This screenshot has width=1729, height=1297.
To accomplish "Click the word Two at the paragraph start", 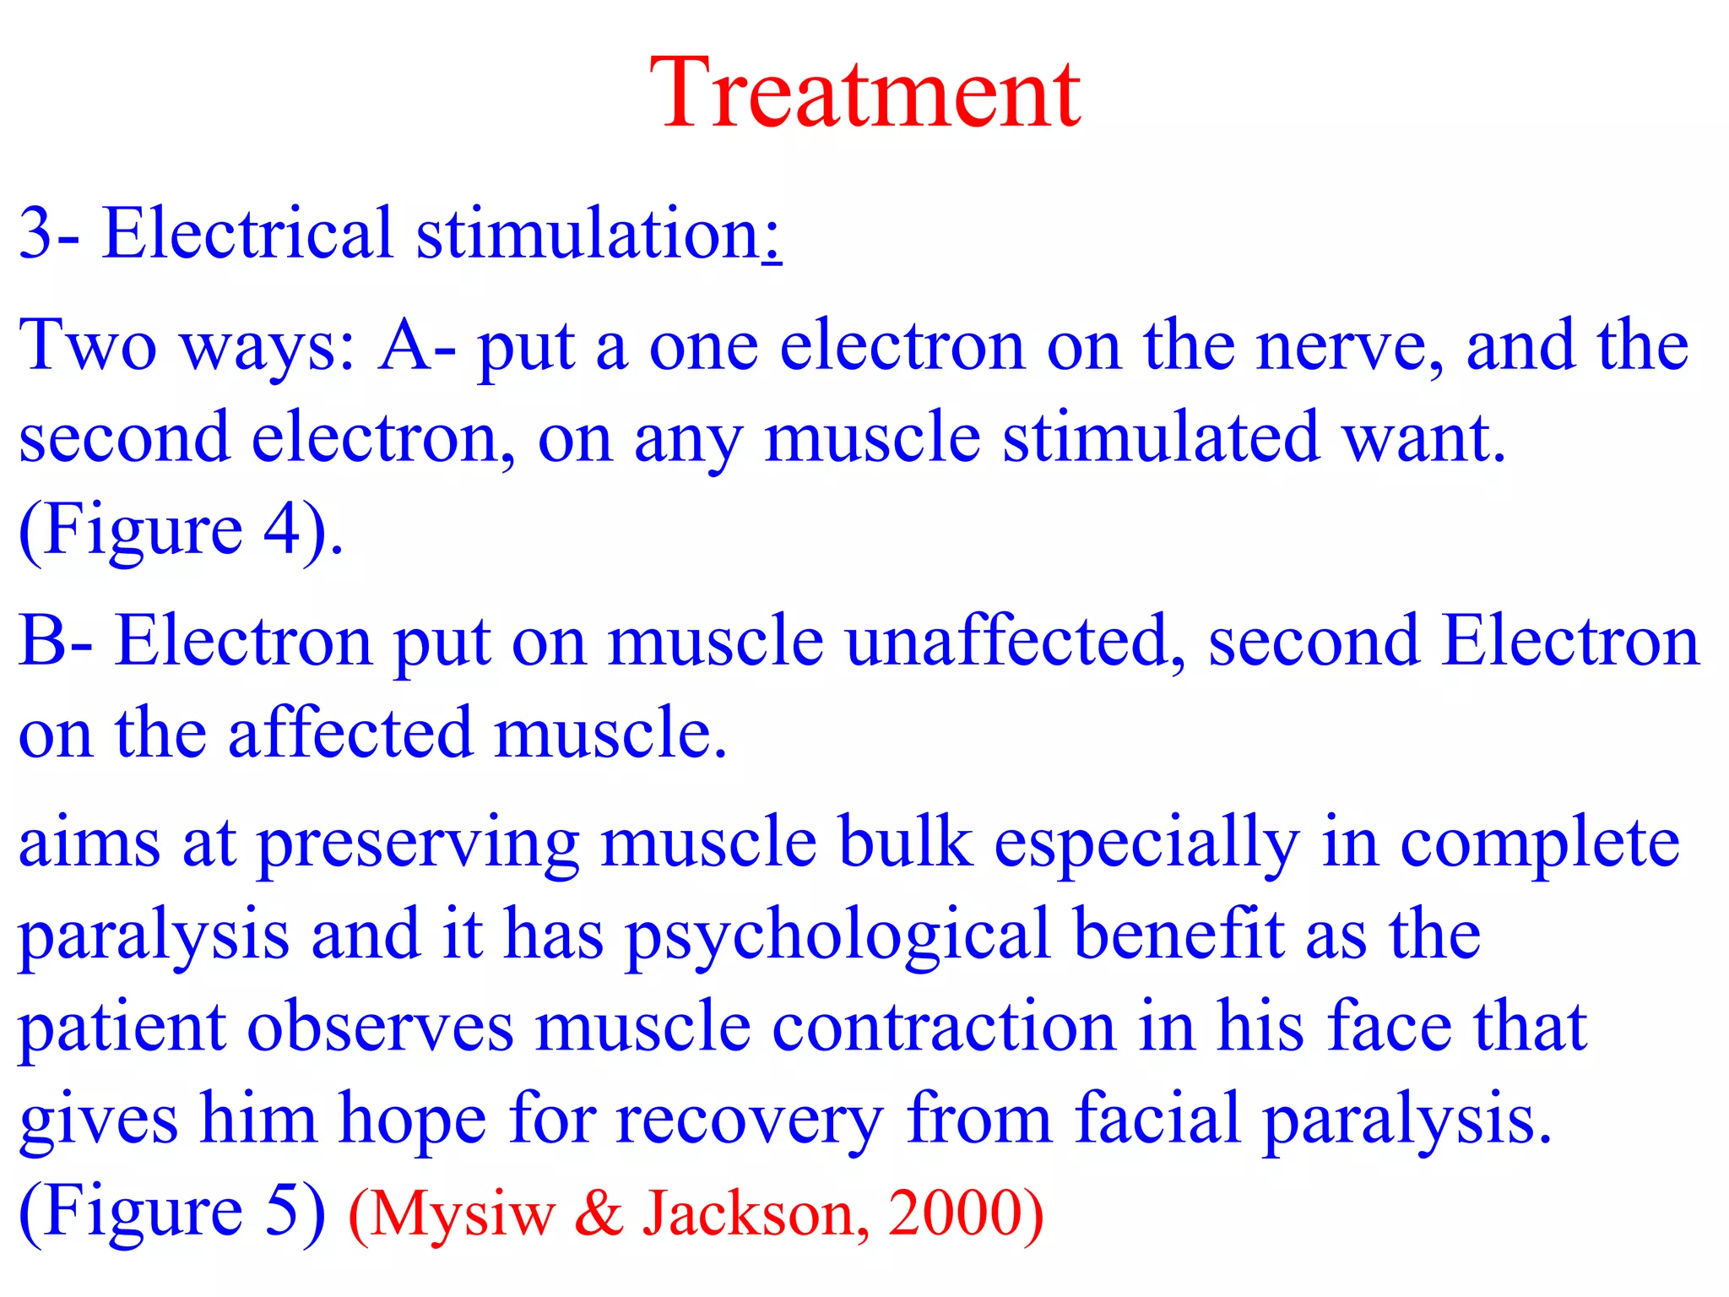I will (88, 345).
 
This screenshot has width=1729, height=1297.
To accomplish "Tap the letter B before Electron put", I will (42, 641).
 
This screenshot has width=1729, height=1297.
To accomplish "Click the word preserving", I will (419, 844).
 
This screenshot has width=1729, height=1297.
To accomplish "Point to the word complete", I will (1540, 844).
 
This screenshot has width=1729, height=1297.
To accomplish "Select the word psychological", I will (838, 936).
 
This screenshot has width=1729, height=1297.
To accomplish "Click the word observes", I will (380, 1027).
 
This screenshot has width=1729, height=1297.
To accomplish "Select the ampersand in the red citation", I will (599, 1213).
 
